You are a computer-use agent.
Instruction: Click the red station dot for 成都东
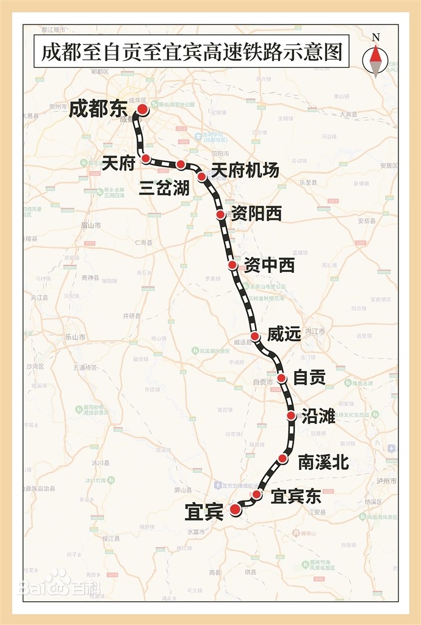click(142, 109)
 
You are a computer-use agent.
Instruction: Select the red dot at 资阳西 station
click(221, 215)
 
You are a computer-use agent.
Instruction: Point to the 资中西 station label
click(269, 266)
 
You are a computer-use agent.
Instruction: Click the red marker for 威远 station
click(256, 336)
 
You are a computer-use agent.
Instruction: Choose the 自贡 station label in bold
click(309, 378)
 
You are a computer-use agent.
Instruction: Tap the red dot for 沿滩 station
click(291, 416)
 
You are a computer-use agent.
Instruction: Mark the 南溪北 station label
click(323, 462)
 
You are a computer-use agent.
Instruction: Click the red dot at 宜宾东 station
click(257, 494)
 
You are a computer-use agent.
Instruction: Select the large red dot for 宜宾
click(236, 510)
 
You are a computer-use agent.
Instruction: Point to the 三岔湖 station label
click(164, 187)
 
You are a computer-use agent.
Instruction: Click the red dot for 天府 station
click(146, 159)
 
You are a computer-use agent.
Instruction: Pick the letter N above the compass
click(376, 37)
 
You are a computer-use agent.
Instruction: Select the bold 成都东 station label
click(98, 109)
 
